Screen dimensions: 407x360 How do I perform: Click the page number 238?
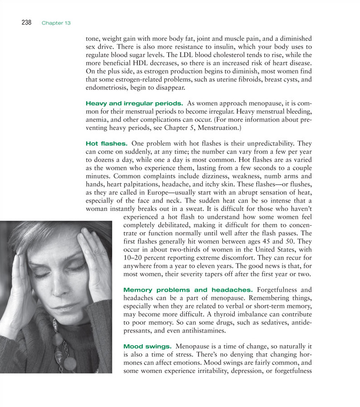coord(26,23)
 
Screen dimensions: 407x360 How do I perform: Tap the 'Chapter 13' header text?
coord(56,23)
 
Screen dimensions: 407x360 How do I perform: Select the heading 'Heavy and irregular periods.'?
coord(134,104)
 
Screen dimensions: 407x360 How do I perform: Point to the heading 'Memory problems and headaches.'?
coord(188,290)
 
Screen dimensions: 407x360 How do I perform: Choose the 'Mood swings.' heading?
coord(147,347)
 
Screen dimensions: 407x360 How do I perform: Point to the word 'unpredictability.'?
coord(270,144)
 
